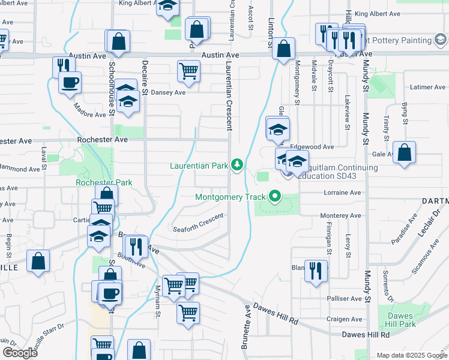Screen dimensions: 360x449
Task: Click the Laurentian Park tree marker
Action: coord(238,164)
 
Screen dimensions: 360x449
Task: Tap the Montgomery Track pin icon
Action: coord(276,196)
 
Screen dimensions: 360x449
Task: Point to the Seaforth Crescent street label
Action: coord(198,223)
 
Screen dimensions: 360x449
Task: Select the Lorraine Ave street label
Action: coord(342,193)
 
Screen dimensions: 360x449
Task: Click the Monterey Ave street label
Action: coord(341,215)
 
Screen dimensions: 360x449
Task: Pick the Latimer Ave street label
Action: coord(427,87)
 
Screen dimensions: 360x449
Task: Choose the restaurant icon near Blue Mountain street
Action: coord(315,270)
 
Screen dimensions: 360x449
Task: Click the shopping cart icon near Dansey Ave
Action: coord(188,71)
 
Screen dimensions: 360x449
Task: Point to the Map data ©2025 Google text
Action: coord(412,355)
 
